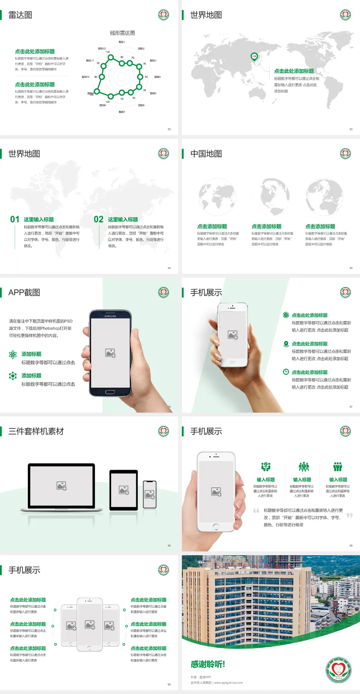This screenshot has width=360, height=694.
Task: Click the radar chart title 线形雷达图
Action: pos(122,33)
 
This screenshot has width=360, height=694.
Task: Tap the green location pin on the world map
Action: pos(254,56)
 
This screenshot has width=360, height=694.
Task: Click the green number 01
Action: pos(15,219)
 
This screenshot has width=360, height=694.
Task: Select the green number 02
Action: pos(98,219)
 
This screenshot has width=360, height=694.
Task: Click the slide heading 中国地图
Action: pos(206,154)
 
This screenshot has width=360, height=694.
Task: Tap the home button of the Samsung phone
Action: pos(110,392)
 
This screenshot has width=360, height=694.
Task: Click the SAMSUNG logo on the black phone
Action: pos(110,316)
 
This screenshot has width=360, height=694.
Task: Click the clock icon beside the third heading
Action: pos(286,372)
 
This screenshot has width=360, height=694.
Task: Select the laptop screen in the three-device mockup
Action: pos(61,486)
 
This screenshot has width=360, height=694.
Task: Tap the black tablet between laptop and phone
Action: pos(124,490)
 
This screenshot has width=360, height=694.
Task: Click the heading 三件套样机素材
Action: pos(36,431)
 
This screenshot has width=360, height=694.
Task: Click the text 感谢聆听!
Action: pos(208,664)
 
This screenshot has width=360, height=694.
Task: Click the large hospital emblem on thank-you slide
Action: pos(338,670)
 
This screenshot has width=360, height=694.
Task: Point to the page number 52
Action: pos(169,129)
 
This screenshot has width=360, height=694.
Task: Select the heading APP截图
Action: pos(24,293)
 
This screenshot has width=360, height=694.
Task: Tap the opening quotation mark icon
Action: pos(256,511)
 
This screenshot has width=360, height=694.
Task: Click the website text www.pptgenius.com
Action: pos(228,683)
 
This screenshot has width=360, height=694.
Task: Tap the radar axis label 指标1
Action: pos(122,42)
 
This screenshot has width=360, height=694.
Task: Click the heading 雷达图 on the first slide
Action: pos(20,15)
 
